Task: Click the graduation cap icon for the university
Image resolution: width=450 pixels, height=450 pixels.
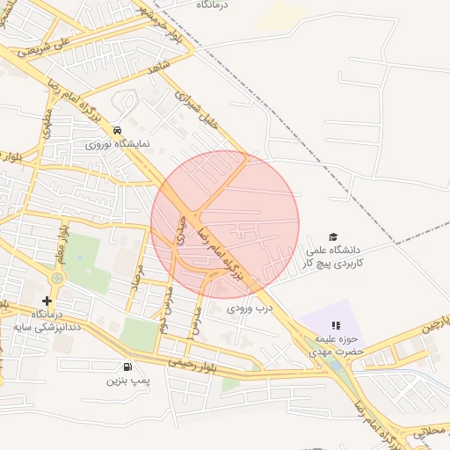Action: coord(333,236)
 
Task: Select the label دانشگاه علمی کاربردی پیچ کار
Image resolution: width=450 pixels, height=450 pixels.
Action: coord(333,256)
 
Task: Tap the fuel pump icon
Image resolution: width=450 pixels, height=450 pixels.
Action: coord(129,367)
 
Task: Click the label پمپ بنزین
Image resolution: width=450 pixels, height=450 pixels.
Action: coord(124,381)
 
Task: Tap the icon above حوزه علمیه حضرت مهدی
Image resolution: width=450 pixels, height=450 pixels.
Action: coord(335,325)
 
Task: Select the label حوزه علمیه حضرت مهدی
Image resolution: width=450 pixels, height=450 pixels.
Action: coord(335,345)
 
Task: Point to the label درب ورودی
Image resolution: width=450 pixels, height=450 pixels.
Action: coord(250,308)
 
